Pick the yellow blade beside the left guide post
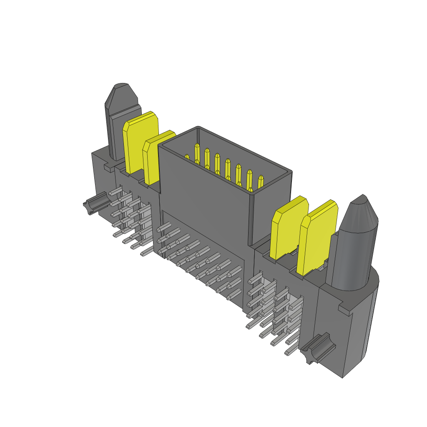(140, 142)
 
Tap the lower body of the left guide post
(115, 133)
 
